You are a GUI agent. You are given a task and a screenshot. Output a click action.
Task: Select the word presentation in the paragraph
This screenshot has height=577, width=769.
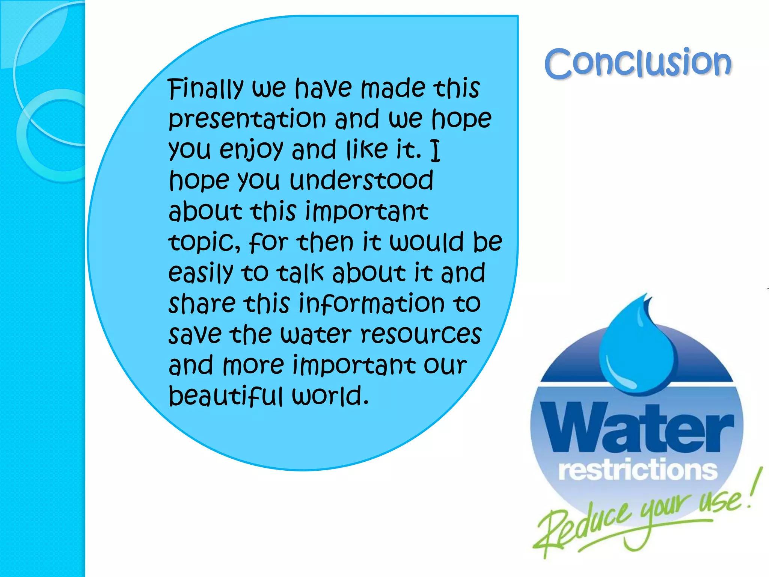247,119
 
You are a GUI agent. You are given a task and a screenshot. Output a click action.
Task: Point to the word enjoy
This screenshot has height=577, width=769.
251,150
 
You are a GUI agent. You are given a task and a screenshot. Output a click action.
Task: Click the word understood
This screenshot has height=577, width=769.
362,180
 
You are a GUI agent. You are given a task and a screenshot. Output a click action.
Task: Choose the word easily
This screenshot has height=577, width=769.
201,273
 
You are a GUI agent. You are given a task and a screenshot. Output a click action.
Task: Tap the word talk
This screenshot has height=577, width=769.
300,273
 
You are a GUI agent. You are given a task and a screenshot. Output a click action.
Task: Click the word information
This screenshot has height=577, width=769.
371,304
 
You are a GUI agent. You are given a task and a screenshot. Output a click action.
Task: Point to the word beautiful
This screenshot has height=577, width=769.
225,396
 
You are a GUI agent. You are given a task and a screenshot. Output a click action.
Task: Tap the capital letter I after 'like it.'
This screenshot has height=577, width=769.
435,150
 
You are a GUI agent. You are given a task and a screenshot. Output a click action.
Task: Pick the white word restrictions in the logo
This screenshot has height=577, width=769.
637,470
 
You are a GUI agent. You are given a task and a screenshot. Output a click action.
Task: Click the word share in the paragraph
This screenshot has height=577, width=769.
202,304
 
